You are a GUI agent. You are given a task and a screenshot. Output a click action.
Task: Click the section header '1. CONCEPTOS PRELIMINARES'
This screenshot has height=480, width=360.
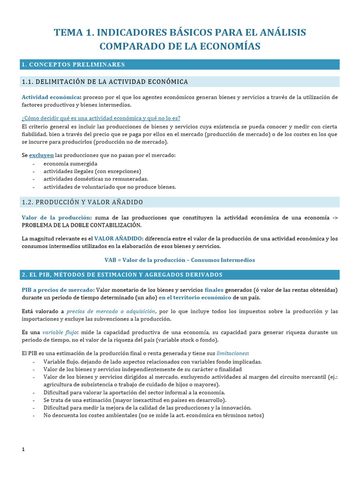coord(73,64)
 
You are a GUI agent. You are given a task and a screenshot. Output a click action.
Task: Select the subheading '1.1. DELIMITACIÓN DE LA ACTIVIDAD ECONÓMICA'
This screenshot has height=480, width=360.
coord(105,82)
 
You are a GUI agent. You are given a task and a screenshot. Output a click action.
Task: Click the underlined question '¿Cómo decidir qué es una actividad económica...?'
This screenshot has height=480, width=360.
coord(101,118)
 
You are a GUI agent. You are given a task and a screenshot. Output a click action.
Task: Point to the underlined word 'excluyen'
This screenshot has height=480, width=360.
coord(41,155)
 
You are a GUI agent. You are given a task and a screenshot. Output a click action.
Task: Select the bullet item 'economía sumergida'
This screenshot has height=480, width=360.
coord(70,164)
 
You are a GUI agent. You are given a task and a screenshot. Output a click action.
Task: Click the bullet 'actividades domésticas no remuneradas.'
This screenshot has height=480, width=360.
coord(96,179)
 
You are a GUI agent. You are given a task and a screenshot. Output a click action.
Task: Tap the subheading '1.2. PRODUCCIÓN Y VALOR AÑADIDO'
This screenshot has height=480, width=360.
coord(82,202)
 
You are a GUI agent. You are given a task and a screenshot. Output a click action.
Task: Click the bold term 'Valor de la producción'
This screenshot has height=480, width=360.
coord(56,217)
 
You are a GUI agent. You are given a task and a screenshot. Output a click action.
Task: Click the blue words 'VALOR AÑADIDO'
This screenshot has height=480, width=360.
coord(117,239)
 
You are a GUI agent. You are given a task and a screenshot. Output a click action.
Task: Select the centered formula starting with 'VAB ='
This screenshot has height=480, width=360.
coord(180,260)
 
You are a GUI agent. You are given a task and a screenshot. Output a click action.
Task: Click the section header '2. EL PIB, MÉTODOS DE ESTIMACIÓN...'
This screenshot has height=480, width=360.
coord(122,274)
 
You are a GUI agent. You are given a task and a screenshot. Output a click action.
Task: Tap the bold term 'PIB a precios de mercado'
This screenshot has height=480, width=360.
coord(58,290)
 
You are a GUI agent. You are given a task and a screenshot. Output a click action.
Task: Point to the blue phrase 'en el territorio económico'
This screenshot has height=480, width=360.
coord(195,297)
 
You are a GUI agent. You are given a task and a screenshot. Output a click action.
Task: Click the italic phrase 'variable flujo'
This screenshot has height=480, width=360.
coord(60,332)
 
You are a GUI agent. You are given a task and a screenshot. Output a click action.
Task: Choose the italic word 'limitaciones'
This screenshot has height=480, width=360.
coord(231,353)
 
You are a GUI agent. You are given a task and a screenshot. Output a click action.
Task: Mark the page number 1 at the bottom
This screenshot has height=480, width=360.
coord(23,450)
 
